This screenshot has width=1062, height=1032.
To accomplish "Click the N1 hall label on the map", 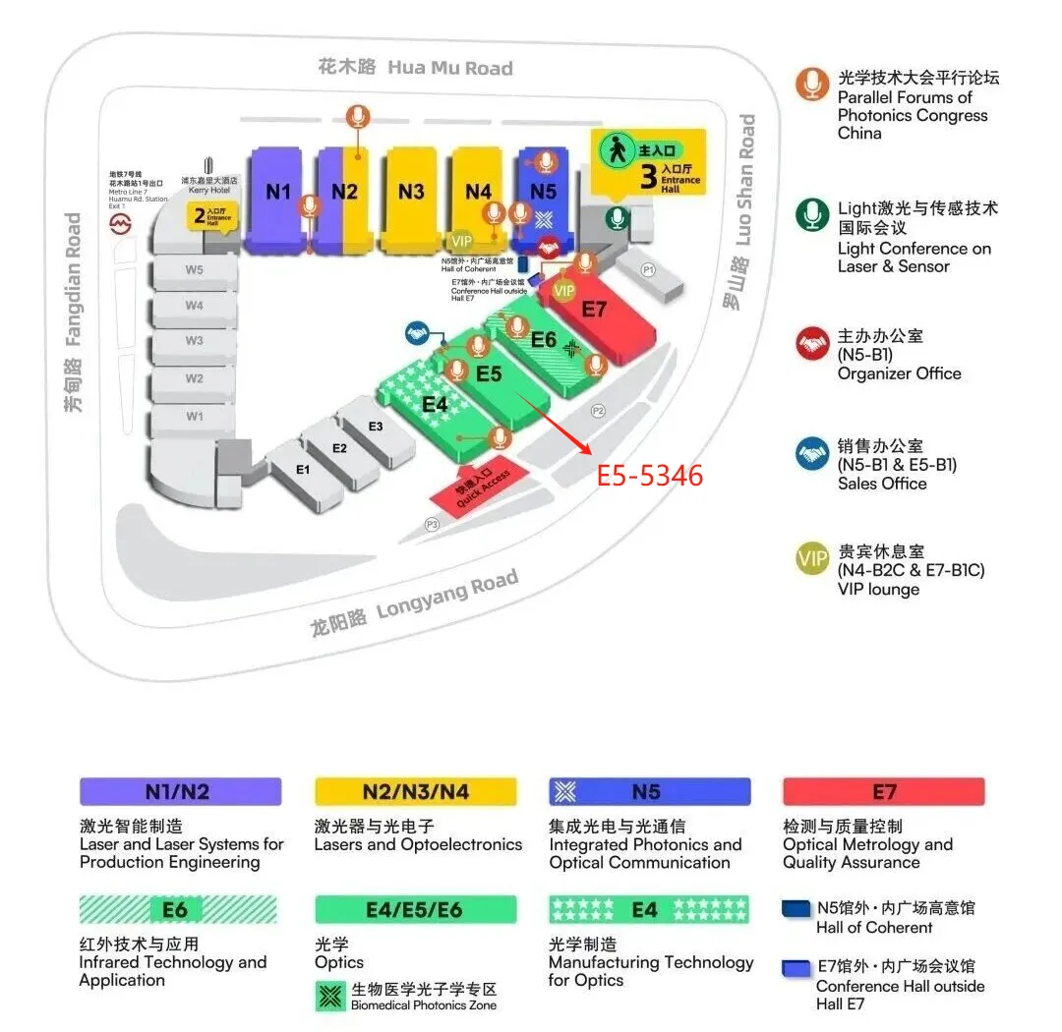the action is click(278, 192).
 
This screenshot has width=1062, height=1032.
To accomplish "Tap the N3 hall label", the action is click(411, 192).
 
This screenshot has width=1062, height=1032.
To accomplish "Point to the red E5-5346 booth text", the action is click(650, 476).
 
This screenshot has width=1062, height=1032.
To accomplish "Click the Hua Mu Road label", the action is click(416, 67).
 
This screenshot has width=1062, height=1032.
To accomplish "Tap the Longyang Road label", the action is click(414, 603).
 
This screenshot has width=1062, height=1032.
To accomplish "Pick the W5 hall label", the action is click(194, 269).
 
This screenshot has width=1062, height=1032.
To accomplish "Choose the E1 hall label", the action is click(303, 470).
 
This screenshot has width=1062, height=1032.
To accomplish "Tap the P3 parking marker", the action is click(432, 525).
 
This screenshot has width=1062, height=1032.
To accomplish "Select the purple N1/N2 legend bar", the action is click(180, 792).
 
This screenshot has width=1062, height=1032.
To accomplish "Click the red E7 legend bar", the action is click(883, 792).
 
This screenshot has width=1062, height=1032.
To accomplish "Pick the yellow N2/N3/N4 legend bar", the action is click(415, 792).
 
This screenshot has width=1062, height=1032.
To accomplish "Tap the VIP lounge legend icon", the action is click(812, 559).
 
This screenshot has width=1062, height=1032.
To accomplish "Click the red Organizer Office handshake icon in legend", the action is click(812, 344).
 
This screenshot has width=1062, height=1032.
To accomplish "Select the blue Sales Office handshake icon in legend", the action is click(812, 453).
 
